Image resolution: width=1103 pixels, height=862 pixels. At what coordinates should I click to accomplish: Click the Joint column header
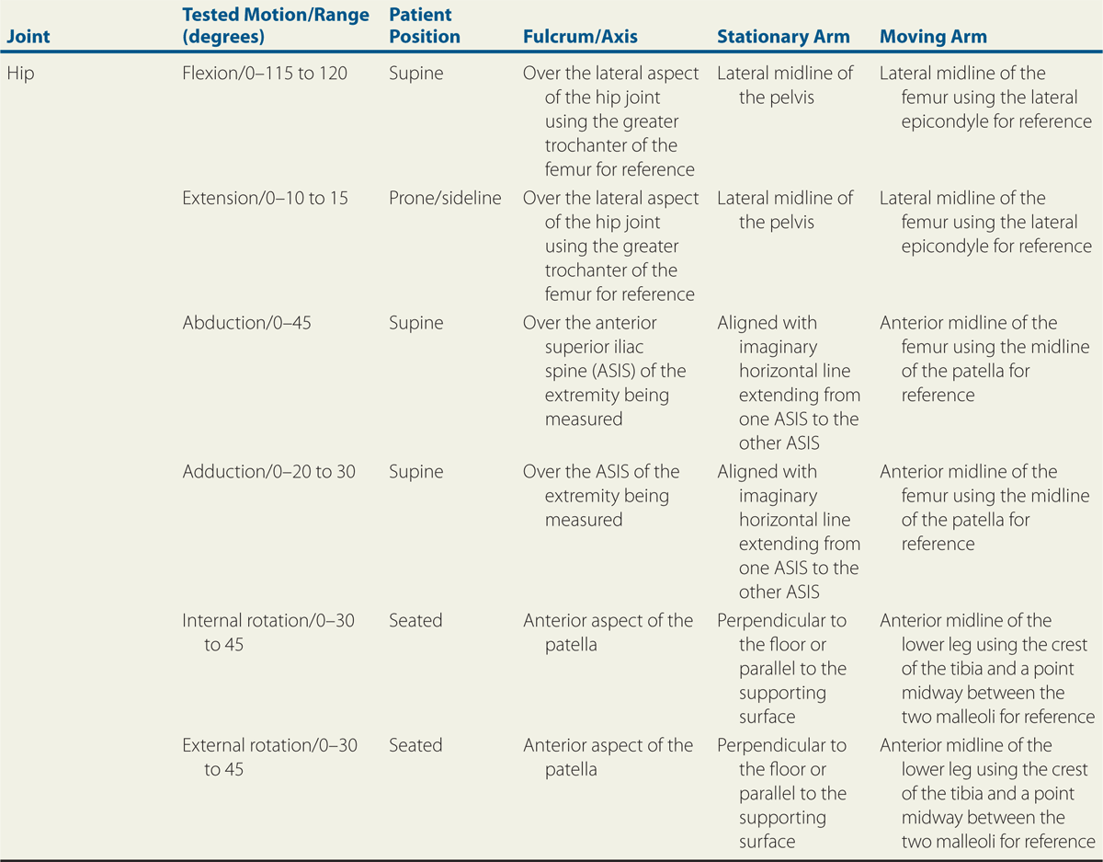click(28, 38)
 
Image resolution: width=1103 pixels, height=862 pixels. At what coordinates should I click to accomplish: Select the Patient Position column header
click(424, 27)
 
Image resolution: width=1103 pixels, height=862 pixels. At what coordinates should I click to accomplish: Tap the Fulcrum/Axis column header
click(579, 38)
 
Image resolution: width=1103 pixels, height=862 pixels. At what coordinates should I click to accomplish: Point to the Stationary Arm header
click(783, 38)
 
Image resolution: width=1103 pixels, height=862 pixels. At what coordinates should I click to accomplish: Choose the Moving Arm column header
click(933, 38)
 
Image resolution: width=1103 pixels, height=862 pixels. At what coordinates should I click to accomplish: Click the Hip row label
click(20, 74)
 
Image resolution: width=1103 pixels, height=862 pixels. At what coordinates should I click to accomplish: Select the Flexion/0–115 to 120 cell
click(265, 74)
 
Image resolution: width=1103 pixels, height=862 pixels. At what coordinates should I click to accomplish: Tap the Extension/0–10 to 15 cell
click(265, 198)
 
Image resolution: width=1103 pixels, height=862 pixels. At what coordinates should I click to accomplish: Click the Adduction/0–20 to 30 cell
click(268, 472)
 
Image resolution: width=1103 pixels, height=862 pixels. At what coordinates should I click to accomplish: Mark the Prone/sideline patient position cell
click(445, 198)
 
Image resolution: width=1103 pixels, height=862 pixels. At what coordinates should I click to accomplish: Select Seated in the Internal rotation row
click(415, 621)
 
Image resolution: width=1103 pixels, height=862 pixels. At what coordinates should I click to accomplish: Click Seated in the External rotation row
click(415, 745)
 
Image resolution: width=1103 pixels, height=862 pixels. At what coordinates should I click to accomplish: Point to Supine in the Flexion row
click(415, 74)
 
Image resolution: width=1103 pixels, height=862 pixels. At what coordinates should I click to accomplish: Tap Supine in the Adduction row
click(415, 472)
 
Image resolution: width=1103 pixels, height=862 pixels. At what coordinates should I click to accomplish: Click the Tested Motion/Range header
click(276, 27)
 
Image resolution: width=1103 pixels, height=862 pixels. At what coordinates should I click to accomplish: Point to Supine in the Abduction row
click(415, 323)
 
